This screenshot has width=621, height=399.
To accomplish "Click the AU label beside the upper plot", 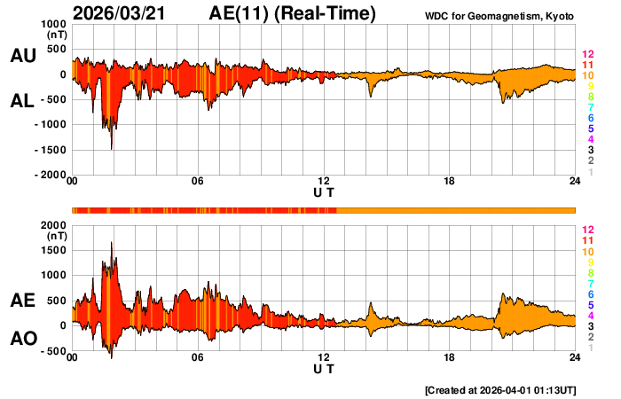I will (23, 56).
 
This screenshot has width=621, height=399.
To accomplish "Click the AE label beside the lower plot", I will (23, 301).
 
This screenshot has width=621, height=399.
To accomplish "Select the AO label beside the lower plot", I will (23, 339).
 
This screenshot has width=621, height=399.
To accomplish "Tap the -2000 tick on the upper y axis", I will (49, 176).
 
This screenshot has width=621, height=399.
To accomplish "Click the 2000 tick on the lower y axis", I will (54, 226).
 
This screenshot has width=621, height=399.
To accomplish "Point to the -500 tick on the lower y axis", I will (54, 351).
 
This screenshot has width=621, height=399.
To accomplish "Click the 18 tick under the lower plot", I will (449, 357).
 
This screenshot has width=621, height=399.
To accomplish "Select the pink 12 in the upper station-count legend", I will (586, 55).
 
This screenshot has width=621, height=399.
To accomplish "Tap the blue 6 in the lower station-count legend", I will (590, 294).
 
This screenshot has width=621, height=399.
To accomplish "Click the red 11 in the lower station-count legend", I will (586, 240).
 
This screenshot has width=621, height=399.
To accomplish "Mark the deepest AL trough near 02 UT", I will (111, 148).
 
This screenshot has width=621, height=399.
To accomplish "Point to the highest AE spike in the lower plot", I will (111, 243).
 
